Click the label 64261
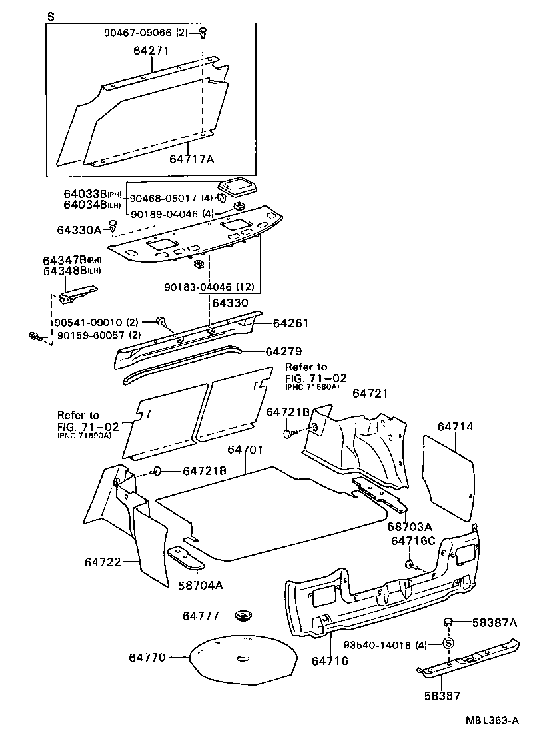click(x=290, y=323)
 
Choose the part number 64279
click(x=283, y=351)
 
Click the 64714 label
click(x=456, y=425)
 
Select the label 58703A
click(x=410, y=526)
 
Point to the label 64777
click(x=201, y=616)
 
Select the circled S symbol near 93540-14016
click(x=448, y=643)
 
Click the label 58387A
click(x=494, y=622)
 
